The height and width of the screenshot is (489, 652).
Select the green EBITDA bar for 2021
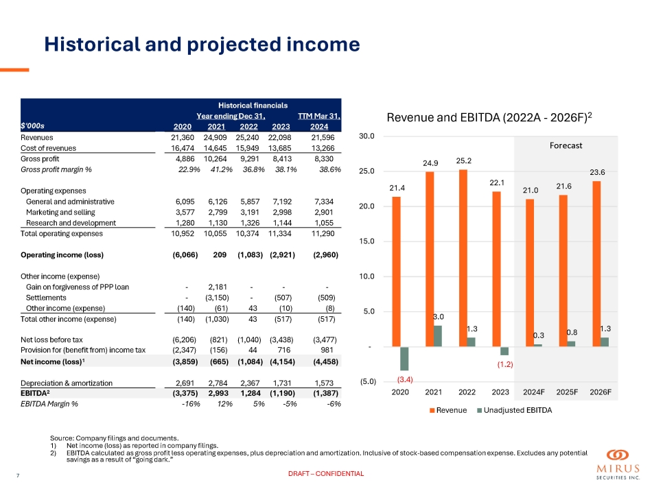coord(437,336)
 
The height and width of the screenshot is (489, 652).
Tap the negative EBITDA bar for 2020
coord(404,359)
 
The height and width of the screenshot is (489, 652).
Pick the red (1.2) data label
coord(506,366)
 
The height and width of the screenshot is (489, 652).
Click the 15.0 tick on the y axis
coord(367,241)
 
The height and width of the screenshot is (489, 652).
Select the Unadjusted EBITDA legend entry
coord(515,410)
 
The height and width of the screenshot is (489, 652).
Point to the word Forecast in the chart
coord(565,145)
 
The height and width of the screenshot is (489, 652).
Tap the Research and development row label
coord(70,223)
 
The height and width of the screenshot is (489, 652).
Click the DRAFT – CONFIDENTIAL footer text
coord(325,474)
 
